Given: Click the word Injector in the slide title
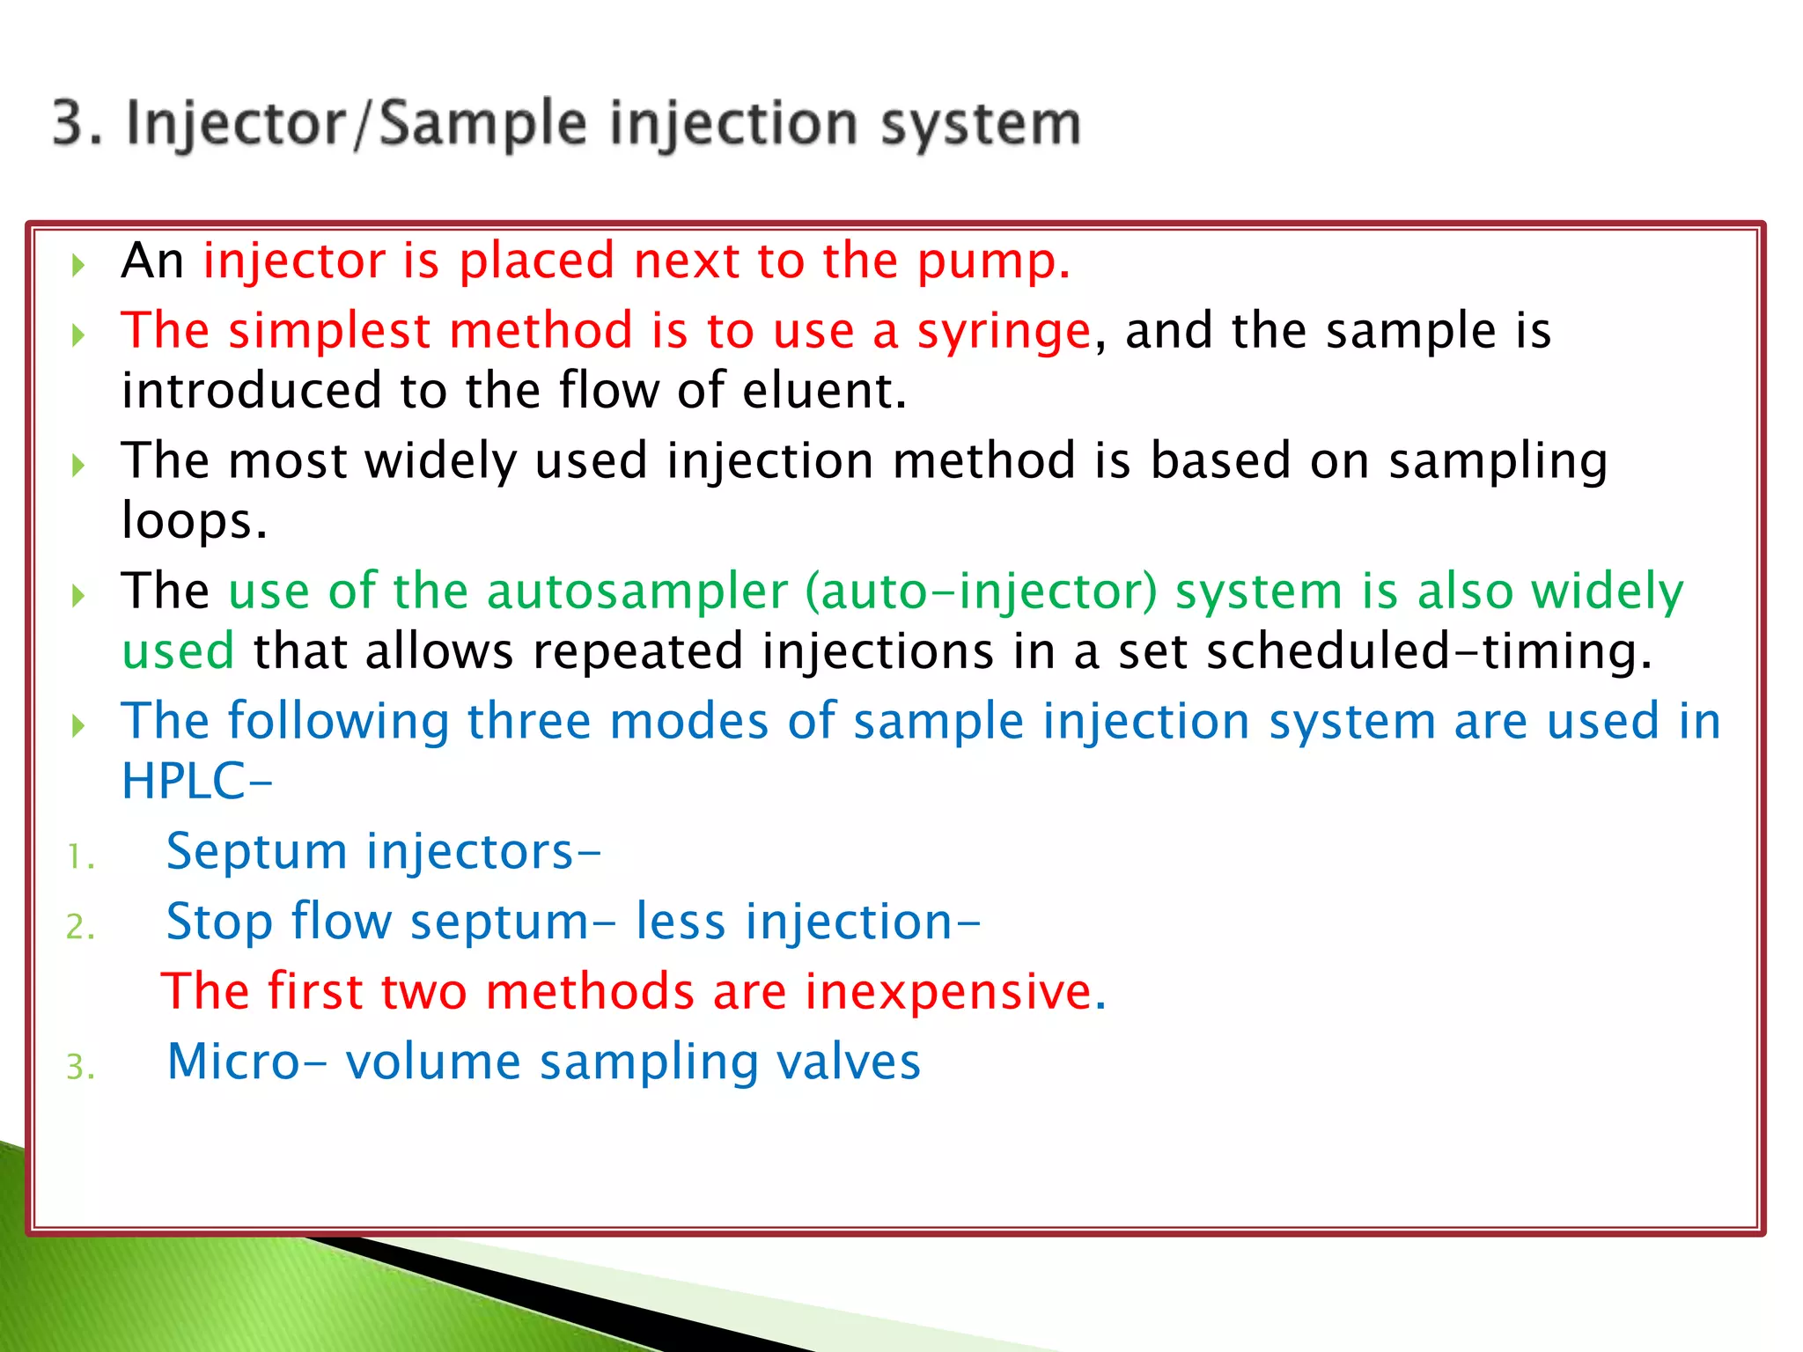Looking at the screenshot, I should click(x=236, y=124).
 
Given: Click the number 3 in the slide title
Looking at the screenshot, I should click(x=68, y=122).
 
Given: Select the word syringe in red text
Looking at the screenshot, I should click(x=1004, y=332).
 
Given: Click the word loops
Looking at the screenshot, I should click(x=193, y=521).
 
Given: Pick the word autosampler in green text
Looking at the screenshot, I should click(x=637, y=591).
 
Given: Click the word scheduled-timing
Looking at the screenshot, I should click(x=1428, y=651).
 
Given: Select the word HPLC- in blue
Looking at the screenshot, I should click(x=196, y=782).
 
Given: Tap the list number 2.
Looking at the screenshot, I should click(x=79, y=927).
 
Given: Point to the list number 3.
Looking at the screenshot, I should click(x=79, y=1068).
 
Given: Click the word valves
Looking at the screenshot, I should click(x=849, y=1062).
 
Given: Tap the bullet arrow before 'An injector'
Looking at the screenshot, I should click(x=78, y=265).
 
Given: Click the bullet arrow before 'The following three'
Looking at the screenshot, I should click(x=78, y=726).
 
